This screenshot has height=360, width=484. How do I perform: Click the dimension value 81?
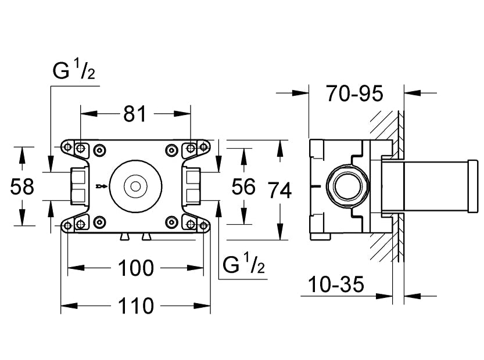tap(135, 114)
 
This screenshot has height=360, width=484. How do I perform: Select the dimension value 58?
tap(23, 186)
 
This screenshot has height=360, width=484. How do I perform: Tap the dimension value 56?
tap(243, 186)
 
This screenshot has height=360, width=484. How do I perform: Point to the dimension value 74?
tap(279, 189)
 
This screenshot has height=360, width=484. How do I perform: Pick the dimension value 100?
tap(136, 268)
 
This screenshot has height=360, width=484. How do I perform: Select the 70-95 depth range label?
tap(354, 93)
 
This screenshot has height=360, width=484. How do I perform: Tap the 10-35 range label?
tap(335, 285)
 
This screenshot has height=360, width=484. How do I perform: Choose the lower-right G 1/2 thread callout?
tap(244, 265)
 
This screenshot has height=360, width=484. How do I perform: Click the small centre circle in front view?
tap(136, 186)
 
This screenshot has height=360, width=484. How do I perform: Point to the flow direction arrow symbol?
tap(101, 186)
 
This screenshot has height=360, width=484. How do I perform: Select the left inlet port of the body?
tap(78, 186)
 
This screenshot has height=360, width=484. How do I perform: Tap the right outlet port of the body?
tap(193, 186)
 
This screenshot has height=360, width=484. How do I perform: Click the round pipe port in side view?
tap(347, 186)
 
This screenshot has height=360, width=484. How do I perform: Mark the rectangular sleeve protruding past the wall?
tap(430, 187)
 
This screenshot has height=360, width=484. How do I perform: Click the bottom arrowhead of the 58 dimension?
tap(23, 221)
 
